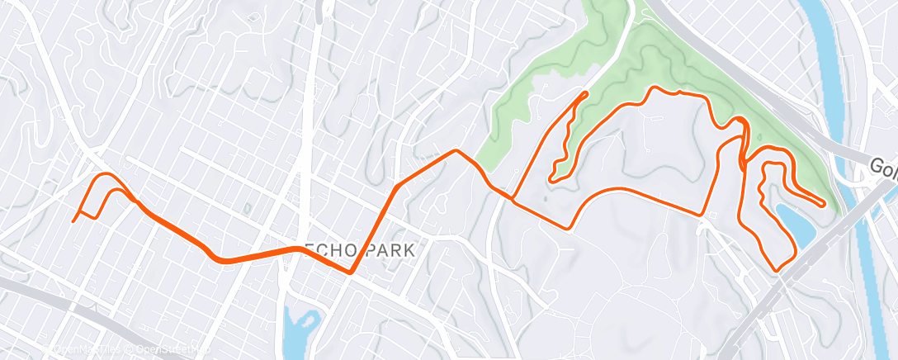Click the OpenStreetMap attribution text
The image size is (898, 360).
[165, 351]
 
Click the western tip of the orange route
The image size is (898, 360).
[73, 220]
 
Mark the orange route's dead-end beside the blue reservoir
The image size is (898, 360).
[823, 203]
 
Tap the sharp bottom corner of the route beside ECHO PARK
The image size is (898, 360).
[351, 272]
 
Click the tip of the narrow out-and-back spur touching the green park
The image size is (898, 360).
[586, 92]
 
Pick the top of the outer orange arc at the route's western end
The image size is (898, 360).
[105, 174]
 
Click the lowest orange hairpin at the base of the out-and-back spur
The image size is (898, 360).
[551, 178]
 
